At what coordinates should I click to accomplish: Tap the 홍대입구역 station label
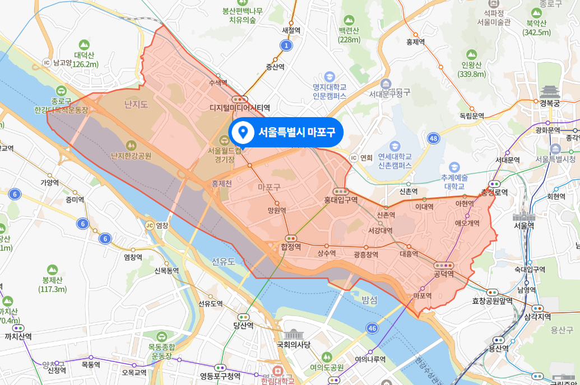point(341,200)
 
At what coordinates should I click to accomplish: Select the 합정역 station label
point(291,247)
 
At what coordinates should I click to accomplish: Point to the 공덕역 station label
point(444,273)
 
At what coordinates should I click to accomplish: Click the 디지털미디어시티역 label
point(240,107)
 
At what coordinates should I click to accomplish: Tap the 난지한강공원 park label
point(131,156)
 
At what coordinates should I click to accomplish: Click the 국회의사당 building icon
point(293,335)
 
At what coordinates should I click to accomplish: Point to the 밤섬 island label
point(369,300)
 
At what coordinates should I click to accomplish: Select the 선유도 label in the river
point(224,261)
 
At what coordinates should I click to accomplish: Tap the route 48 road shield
point(433,138)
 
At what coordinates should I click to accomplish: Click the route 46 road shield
point(372,327)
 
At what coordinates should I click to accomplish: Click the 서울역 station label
point(525,225)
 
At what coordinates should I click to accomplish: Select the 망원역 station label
point(277,211)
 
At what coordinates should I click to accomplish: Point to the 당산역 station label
point(243,325)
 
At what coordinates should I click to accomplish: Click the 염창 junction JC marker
point(149,225)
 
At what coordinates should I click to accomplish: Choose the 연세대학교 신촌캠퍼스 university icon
point(395,146)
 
